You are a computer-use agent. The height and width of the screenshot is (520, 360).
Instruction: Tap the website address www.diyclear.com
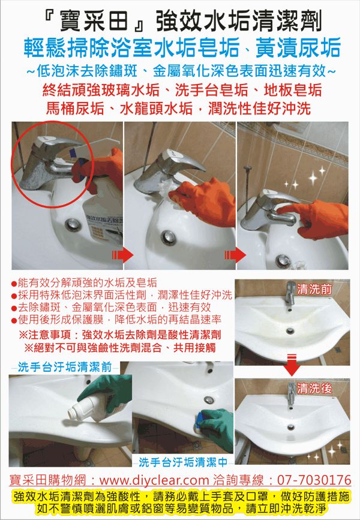point(154,480)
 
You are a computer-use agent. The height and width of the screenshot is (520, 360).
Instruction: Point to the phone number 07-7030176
point(314,480)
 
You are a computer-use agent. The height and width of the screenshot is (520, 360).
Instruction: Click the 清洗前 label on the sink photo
point(314,290)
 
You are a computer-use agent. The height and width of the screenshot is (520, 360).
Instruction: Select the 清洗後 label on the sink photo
point(314,388)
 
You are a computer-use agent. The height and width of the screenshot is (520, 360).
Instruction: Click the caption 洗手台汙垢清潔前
point(65,367)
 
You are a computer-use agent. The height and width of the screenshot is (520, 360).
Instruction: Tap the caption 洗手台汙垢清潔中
point(183,462)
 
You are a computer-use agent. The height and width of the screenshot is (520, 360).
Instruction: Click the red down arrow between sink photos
point(292,365)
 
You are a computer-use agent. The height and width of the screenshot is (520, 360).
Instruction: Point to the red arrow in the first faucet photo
point(122,255)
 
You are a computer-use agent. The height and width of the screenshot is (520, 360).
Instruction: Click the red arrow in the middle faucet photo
point(235,255)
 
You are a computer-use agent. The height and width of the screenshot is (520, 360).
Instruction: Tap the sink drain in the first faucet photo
point(73,224)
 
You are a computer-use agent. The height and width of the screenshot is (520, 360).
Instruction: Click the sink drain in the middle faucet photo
point(169,238)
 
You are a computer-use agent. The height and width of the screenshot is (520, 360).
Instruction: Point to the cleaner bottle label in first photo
point(104,226)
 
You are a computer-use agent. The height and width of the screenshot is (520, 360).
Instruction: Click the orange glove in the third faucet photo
point(314,219)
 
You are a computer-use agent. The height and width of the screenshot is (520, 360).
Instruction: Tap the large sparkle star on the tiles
point(313,178)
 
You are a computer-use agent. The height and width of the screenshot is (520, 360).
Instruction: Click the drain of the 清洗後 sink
point(291,427)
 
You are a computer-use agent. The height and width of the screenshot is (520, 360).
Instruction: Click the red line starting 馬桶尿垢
point(179,109)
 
